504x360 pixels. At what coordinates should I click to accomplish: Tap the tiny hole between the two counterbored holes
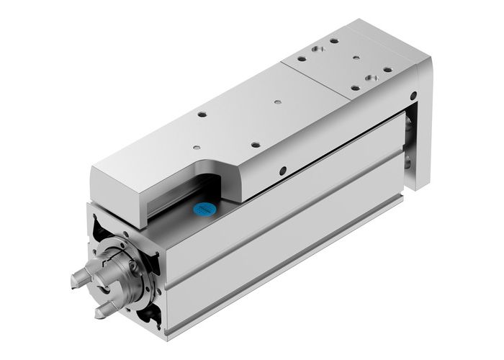point(354,58)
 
